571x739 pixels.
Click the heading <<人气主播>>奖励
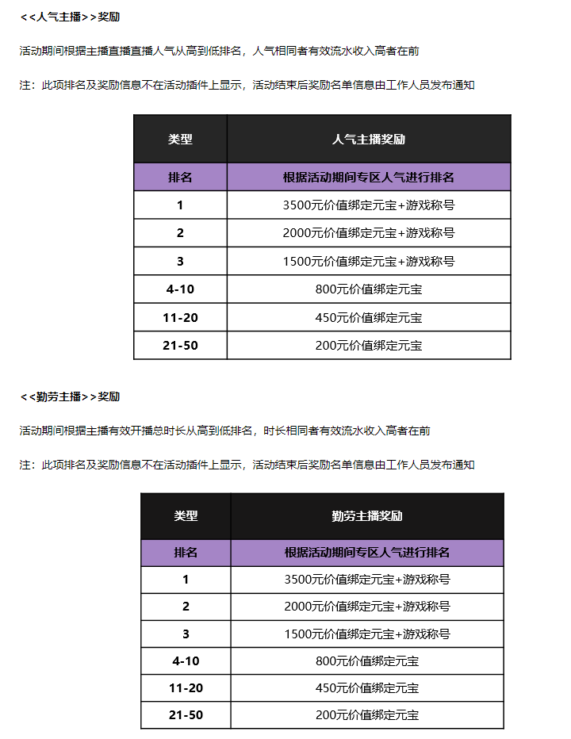[x=70, y=17]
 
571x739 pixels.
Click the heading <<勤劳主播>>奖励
[x=70, y=396]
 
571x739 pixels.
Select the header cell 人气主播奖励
[x=369, y=139]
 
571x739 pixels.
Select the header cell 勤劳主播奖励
[x=367, y=515]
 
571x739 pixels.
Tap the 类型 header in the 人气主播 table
[x=180, y=139]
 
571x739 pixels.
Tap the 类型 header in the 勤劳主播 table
[x=186, y=515]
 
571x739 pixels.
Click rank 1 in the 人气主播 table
[x=180, y=205]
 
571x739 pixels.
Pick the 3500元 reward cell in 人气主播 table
[x=369, y=205]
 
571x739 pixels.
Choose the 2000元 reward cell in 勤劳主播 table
[x=367, y=607]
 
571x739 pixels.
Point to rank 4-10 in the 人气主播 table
[x=180, y=289]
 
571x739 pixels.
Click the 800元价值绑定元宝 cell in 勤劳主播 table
[x=367, y=661]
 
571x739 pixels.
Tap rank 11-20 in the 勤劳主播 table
[x=186, y=688]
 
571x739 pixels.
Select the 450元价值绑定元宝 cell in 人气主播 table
[x=369, y=318]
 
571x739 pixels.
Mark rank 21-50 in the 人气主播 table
[x=180, y=346]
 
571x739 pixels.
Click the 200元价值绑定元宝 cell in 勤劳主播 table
[x=367, y=715]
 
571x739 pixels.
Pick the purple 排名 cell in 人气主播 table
[x=180, y=178]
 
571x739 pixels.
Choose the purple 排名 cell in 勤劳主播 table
[x=186, y=553]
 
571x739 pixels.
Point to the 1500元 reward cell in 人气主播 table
[x=369, y=262]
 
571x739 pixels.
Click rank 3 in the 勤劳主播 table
[x=186, y=634]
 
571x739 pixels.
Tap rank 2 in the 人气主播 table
[x=180, y=233]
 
